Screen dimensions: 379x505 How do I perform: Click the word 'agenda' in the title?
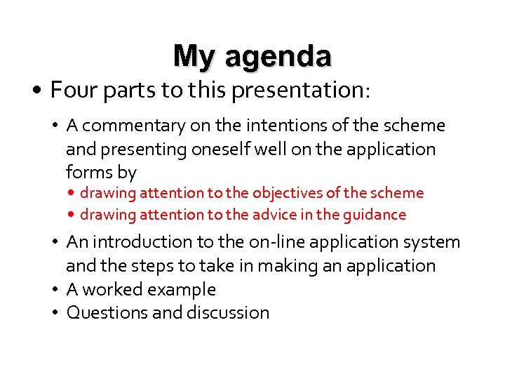point(278,57)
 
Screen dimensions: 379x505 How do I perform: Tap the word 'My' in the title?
point(196,55)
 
